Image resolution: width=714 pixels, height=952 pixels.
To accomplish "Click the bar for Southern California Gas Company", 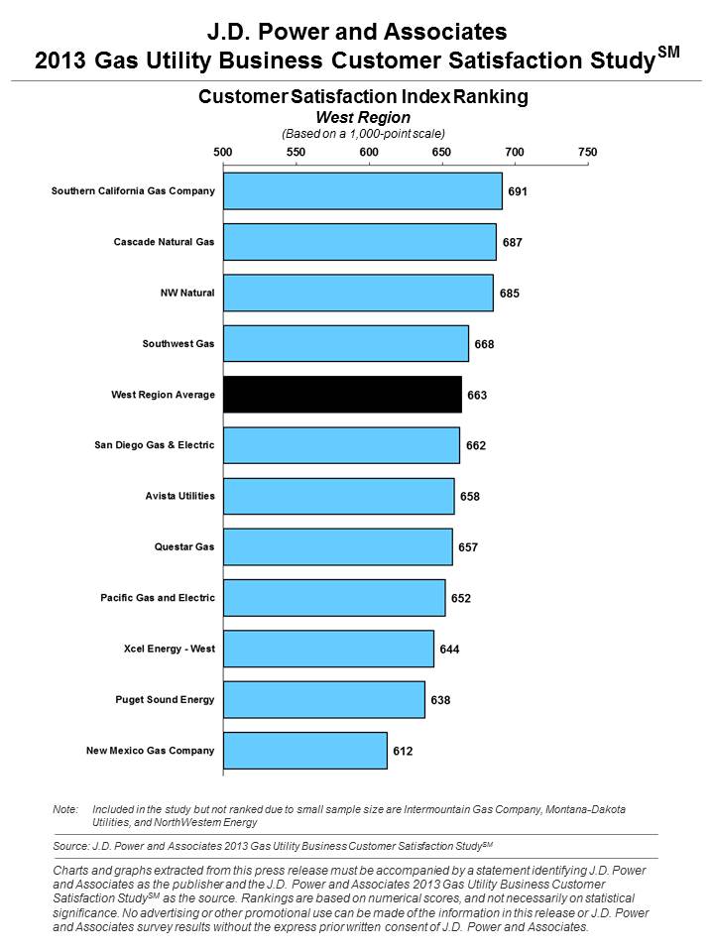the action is point(363,191).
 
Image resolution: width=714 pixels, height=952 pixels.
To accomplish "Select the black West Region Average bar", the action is point(342,395).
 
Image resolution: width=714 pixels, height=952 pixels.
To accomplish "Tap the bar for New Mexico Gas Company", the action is point(305,751).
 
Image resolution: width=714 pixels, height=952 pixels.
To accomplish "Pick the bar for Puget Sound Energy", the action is point(324,699).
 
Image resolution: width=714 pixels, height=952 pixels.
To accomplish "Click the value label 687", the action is point(513,242).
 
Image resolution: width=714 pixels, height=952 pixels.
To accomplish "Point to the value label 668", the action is point(485,344).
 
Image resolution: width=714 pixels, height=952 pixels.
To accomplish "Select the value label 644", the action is point(449,649).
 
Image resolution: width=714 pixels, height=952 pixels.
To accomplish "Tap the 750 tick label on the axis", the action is point(588,152).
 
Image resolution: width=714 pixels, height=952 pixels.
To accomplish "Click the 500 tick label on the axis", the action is point(223,152).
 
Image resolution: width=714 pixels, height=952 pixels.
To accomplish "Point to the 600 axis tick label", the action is point(369,152).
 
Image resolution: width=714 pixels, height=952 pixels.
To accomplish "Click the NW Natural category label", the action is point(187,293).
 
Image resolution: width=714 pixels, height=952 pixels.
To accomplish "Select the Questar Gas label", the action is point(184,547).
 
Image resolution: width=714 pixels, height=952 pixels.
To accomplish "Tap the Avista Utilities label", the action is point(180,496).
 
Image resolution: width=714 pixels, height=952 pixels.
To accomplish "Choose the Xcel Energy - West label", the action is point(170,649).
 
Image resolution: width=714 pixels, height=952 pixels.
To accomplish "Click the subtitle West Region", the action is point(363,117).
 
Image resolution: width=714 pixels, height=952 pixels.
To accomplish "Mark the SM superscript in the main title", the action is point(668,52).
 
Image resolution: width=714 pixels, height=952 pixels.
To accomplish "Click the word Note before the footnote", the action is point(65,809).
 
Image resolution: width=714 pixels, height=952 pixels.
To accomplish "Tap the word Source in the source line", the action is point(70,846).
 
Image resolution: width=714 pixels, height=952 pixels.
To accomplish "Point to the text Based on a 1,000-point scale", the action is point(363,134).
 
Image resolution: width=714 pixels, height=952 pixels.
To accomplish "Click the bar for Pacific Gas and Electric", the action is point(334,598).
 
